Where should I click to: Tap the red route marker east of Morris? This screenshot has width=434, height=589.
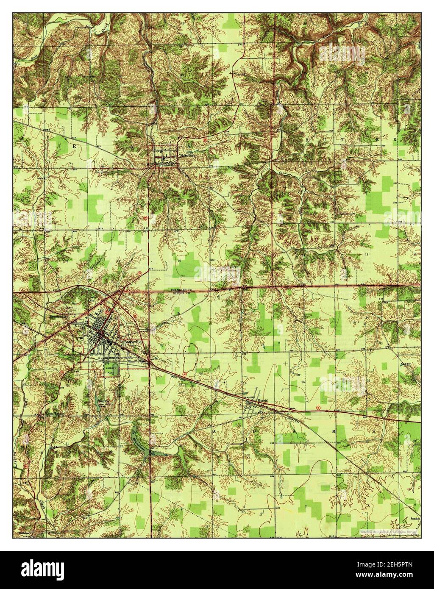(x=318, y=408)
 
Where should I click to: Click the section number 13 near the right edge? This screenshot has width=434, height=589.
(x=365, y=253)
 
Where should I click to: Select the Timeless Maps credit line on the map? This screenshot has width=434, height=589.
(x=369, y=531)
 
